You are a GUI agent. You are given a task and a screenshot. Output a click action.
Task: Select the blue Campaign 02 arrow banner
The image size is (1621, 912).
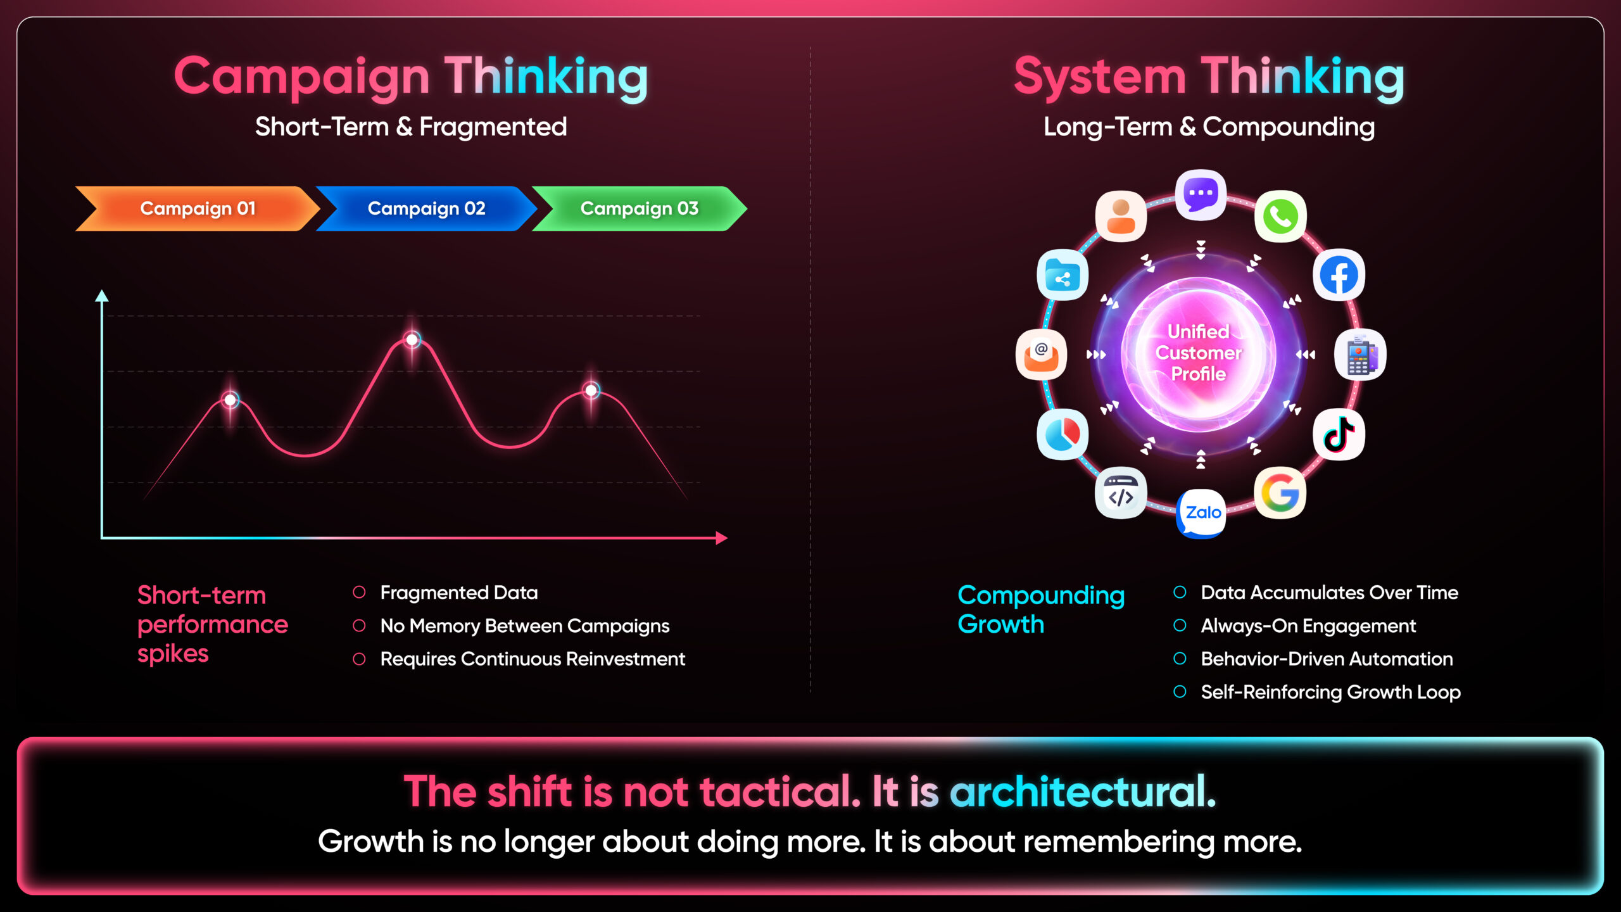[426, 208]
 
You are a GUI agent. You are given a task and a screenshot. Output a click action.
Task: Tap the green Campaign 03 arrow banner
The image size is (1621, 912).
[640, 208]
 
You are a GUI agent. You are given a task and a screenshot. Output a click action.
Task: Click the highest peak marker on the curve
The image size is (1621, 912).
[412, 340]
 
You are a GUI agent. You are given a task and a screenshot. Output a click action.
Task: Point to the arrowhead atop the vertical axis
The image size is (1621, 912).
[102, 296]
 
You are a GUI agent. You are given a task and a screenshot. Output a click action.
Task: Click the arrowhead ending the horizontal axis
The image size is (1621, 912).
[722, 538]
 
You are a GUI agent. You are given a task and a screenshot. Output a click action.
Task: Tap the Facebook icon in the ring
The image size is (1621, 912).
[1339, 275]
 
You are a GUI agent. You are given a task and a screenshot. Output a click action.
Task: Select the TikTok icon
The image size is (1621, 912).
[1339, 434]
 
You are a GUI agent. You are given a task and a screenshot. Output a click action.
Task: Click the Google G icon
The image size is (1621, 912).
[1280, 493]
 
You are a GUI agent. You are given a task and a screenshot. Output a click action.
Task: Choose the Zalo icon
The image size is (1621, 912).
[1201, 513]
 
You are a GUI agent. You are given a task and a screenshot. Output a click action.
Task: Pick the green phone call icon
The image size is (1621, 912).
[1280, 217]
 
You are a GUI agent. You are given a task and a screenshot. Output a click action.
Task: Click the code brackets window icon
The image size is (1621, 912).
[1121, 493]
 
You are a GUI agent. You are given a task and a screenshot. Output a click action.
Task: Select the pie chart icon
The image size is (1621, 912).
[1063, 434]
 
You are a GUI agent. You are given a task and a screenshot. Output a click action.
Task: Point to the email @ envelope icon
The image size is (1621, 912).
[1041, 355]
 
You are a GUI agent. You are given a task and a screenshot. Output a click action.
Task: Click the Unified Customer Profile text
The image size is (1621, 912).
[1199, 353]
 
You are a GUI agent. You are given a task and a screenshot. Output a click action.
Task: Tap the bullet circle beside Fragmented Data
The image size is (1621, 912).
[359, 592]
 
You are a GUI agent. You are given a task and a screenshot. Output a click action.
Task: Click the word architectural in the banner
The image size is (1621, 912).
[1083, 792]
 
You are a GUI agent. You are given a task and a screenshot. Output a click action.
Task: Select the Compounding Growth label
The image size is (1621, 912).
[1041, 609]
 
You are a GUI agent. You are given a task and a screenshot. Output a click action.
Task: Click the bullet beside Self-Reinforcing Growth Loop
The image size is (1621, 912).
[1180, 692]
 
